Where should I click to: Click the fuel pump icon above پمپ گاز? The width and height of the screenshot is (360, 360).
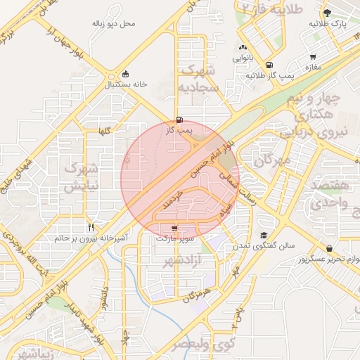click(x=180, y=120)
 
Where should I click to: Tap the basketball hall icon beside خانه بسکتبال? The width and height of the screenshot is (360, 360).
click(x=125, y=74)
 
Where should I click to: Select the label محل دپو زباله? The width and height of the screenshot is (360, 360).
click(x=113, y=24)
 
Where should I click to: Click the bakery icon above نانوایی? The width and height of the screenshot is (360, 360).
click(x=243, y=46)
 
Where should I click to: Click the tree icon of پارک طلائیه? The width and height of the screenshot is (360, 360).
click(x=326, y=13)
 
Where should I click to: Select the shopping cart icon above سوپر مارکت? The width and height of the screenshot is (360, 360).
click(x=174, y=228)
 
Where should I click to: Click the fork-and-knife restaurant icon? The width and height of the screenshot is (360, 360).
click(x=91, y=227)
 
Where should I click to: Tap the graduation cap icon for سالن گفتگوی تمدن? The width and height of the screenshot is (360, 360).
click(x=263, y=236)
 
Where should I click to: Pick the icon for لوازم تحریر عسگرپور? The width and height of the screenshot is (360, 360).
click(x=330, y=248)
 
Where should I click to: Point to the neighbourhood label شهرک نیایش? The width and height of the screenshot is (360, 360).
click(x=79, y=178)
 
